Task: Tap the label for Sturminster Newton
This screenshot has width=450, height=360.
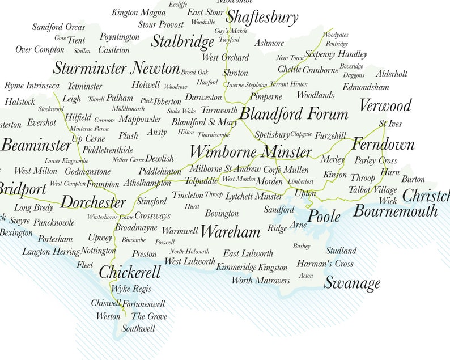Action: [116, 69]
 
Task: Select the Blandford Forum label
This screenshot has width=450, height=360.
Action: [294, 114]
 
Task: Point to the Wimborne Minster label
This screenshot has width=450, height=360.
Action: [251, 152]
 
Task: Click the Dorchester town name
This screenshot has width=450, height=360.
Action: [93, 202]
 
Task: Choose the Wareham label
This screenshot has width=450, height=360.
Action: [230, 231]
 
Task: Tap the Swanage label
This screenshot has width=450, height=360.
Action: [352, 282]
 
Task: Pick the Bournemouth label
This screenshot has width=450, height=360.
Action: [396, 211]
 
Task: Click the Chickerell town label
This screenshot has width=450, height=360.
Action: [130, 273]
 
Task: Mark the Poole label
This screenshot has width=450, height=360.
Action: [324, 217]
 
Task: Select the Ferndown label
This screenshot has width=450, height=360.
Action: [383, 145]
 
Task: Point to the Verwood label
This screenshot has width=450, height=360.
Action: [385, 105]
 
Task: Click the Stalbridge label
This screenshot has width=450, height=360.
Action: [182, 41]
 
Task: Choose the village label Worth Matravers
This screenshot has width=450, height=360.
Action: [260, 281]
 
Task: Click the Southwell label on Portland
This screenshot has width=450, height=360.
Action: [138, 328]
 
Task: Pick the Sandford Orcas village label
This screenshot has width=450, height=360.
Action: [58, 27]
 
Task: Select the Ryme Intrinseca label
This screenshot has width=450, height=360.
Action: [32, 86]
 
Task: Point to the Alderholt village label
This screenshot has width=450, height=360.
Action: [392, 74]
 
